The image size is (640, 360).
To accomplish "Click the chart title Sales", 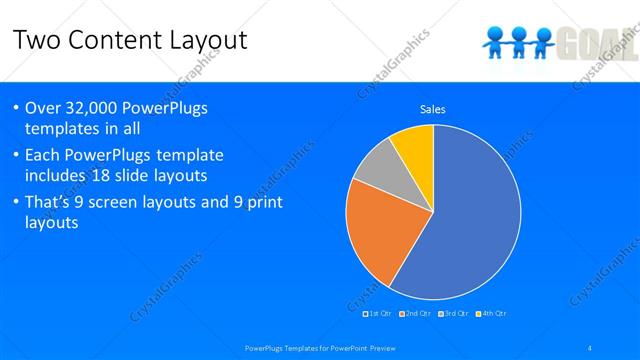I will pos(432,109).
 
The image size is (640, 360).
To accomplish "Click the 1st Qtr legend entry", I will pos(377,314).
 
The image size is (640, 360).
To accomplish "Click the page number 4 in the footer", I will pos(590,348).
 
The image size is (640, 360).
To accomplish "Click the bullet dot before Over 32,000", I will pos(17,108).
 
